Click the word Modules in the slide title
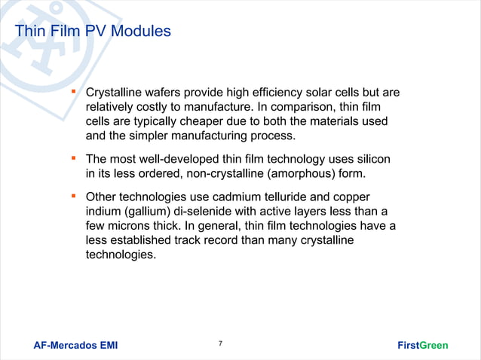pyautogui.click(x=143, y=32)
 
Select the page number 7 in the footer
pyautogui.click(x=220, y=343)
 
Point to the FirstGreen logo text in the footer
pyautogui.click(x=422, y=346)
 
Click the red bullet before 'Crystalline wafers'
pyautogui.click(x=74, y=93)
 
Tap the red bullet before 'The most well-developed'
pyautogui.click(x=74, y=159)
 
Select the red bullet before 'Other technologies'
pyautogui.click(x=74, y=196)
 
